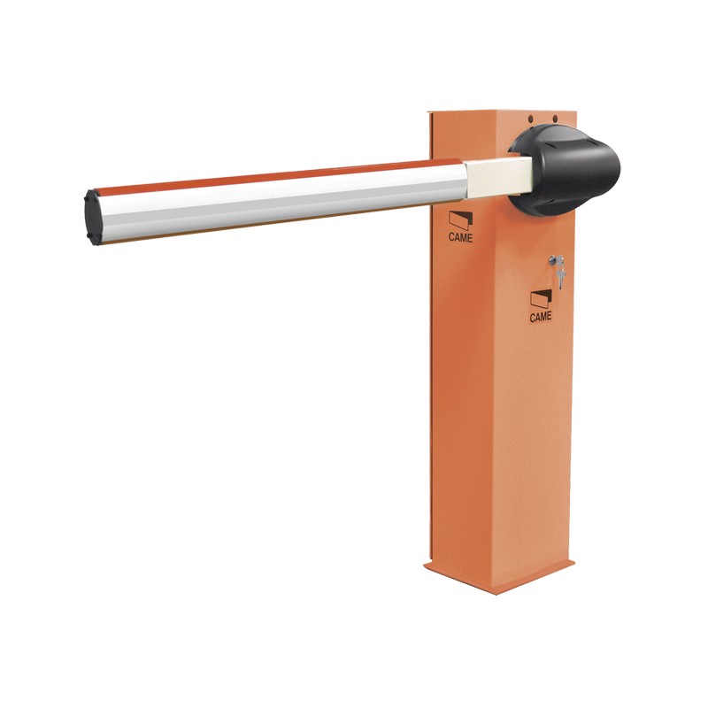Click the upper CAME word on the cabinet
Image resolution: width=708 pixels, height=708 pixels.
pyautogui.click(x=460, y=237)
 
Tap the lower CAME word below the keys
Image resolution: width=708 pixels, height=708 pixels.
pyautogui.click(x=541, y=316)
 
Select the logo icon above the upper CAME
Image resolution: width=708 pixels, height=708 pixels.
pyautogui.click(x=459, y=220)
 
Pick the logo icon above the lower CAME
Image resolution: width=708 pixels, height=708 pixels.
pyautogui.click(x=541, y=298)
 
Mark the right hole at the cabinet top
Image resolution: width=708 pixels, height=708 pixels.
pyautogui.click(x=555, y=119)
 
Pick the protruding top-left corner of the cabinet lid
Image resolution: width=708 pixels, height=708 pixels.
pyautogui.click(x=429, y=112)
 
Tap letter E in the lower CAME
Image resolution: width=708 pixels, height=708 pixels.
pyautogui.click(x=550, y=316)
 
